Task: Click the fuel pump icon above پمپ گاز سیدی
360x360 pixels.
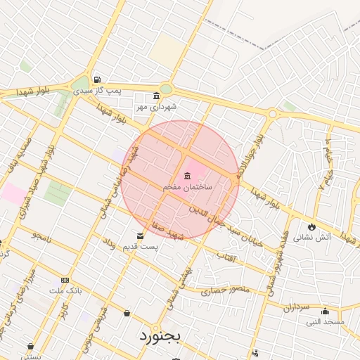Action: [x=96, y=80]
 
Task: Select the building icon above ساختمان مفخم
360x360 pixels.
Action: [x=187, y=176]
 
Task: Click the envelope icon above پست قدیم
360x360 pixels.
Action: [x=140, y=236]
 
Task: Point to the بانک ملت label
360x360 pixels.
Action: [x=66, y=290]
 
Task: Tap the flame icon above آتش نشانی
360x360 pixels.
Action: [x=311, y=226]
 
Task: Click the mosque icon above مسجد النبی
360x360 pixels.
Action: [x=324, y=311]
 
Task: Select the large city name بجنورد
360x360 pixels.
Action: [x=160, y=335]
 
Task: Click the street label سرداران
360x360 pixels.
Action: [x=297, y=304]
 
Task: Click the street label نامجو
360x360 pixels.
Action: [x=42, y=236]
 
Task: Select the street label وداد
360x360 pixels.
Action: [x=110, y=243]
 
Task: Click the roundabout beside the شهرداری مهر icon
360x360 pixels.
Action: [x=165, y=89]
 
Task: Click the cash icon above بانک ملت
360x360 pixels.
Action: [x=65, y=279]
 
